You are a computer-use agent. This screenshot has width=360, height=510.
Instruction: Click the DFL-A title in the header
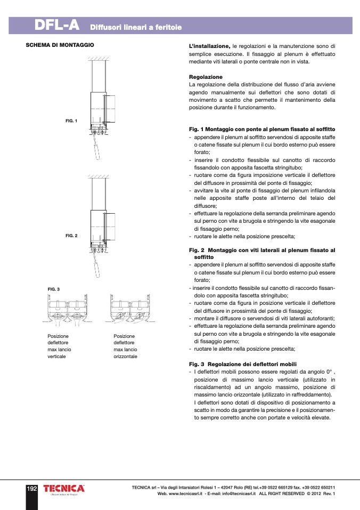[57, 25]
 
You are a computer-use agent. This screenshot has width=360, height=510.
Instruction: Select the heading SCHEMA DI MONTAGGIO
[60, 45]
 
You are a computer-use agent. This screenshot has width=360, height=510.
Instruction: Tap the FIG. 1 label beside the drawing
[71, 120]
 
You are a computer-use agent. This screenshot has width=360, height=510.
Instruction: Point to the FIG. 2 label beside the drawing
[71, 235]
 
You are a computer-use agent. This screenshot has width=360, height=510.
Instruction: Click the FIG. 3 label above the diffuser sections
[54, 289]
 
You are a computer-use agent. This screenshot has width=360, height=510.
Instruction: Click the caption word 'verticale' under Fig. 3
[57, 356]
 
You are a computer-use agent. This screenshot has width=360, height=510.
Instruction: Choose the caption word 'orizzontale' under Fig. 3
[126, 356]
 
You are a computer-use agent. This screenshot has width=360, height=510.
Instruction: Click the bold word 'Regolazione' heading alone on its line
[206, 77]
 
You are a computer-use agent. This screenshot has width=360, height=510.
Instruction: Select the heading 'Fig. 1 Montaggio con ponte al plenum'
[262, 129]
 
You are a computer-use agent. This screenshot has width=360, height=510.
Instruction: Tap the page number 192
[31, 488]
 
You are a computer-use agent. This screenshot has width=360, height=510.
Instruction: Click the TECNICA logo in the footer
[64, 489]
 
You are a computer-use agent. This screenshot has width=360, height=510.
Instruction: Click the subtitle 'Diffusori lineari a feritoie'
[136, 26]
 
